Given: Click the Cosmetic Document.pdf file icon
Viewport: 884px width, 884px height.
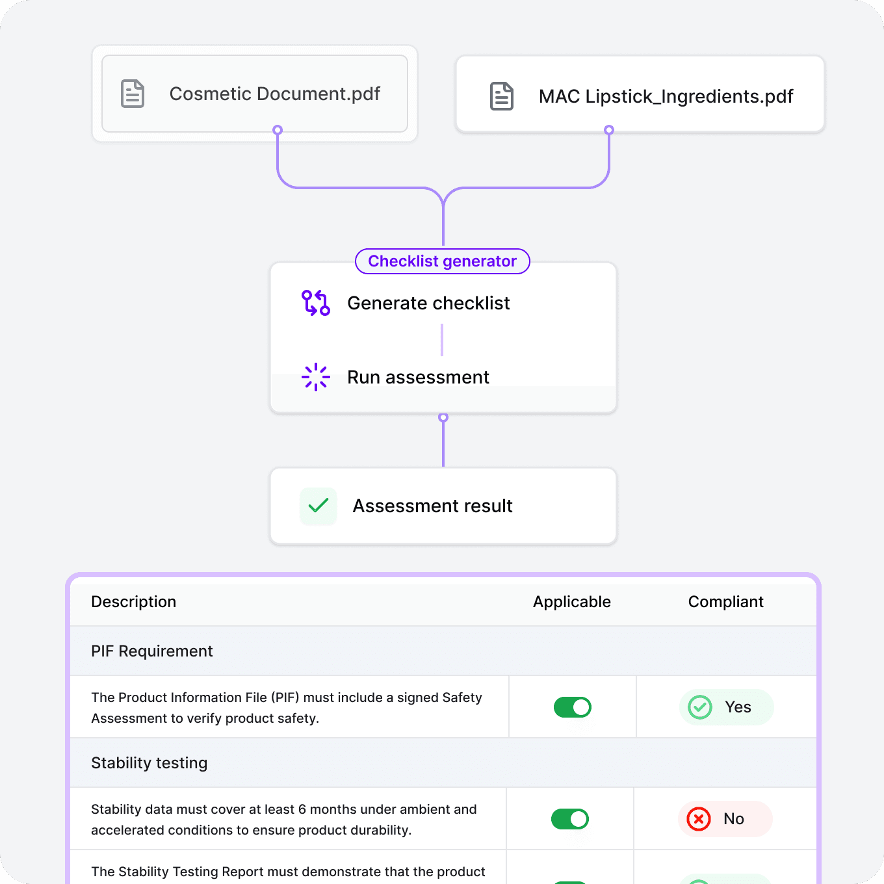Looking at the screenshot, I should [x=133, y=94].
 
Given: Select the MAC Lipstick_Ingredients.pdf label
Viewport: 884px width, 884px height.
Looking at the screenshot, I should [x=666, y=96].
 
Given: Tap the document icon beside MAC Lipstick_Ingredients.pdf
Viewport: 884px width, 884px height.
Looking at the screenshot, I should [x=501, y=96].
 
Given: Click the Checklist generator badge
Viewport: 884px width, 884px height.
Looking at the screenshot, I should [x=442, y=261].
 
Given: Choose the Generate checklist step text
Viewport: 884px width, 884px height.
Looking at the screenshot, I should [x=428, y=303].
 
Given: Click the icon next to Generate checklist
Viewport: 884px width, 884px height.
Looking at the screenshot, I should [x=316, y=303].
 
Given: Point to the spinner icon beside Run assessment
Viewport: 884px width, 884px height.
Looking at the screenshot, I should [x=316, y=377].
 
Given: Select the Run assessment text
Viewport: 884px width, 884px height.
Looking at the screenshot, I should [x=418, y=377].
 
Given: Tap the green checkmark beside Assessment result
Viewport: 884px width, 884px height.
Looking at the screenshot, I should [x=318, y=506].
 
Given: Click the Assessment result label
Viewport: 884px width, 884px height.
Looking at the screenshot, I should [x=432, y=506].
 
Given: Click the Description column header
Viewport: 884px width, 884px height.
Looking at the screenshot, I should [x=134, y=602].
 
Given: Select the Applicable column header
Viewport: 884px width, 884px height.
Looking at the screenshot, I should [x=572, y=602].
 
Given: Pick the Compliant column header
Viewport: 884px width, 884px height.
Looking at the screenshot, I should [x=725, y=602].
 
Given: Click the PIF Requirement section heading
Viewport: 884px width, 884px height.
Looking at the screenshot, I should [x=152, y=651].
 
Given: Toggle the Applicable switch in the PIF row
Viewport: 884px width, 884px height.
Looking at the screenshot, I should [x=573, y=707].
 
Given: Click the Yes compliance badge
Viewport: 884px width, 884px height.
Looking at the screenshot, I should [x=726, y=707].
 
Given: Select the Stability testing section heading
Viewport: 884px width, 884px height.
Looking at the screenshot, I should [x=149, y=763].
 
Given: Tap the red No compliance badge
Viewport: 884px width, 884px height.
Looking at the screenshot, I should [x=725, y=819].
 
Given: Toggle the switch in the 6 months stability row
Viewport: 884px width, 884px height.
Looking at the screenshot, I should [x=570, y=819].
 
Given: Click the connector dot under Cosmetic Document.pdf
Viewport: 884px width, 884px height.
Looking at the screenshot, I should [x=278, y=130].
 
